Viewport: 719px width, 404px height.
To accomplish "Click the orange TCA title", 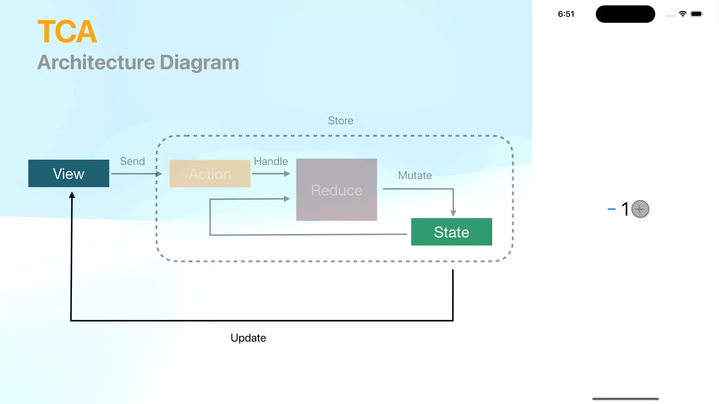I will point(67,32).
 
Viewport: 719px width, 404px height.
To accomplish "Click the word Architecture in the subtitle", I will point(96,62).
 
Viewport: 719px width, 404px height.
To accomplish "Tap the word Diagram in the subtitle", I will point(199,62).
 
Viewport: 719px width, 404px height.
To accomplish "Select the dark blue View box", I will point(69,174).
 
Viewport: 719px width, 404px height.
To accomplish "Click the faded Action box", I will point(210,174).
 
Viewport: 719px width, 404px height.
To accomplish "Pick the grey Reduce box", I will point(336,190).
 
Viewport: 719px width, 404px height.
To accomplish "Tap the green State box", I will point(451,232).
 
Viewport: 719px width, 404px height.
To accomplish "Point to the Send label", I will point(132,161).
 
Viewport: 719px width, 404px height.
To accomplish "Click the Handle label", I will point(271,161).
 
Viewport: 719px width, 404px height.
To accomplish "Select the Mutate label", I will point(415,175).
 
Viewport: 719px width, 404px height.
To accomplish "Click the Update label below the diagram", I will point(248,338).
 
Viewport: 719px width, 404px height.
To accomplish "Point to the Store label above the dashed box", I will point(341,121).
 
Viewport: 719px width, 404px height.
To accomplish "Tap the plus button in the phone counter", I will point(640,209).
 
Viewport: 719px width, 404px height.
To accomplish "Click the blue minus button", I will point(611,209).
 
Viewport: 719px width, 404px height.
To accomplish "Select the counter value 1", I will point(625,209).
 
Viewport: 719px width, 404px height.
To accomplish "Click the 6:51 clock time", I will point(566,14).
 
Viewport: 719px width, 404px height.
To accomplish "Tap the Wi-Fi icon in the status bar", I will point(682,14).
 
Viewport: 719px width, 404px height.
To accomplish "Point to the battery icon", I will point(697,14).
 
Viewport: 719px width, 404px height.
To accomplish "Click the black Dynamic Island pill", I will point(625,14).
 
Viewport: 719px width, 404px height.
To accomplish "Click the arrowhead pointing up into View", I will point(72,195).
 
